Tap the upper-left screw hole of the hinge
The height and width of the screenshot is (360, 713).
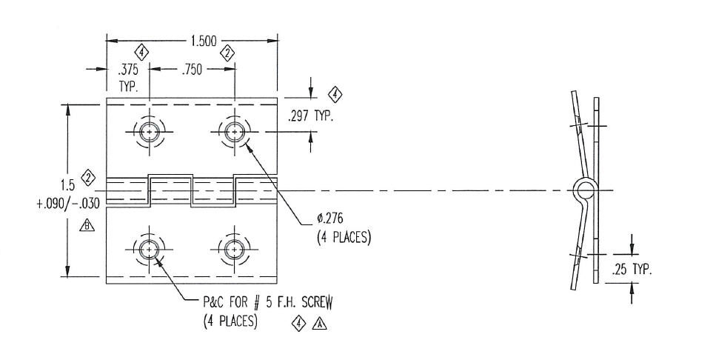150,132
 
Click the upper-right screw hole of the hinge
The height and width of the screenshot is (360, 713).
235,132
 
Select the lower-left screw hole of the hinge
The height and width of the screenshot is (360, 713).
150,250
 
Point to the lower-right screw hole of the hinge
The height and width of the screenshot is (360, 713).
235,250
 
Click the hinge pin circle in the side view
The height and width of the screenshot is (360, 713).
583,190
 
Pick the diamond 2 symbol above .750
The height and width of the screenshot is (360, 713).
228,52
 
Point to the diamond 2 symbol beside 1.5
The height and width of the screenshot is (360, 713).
89,178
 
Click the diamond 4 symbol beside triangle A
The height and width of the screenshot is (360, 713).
298,323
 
